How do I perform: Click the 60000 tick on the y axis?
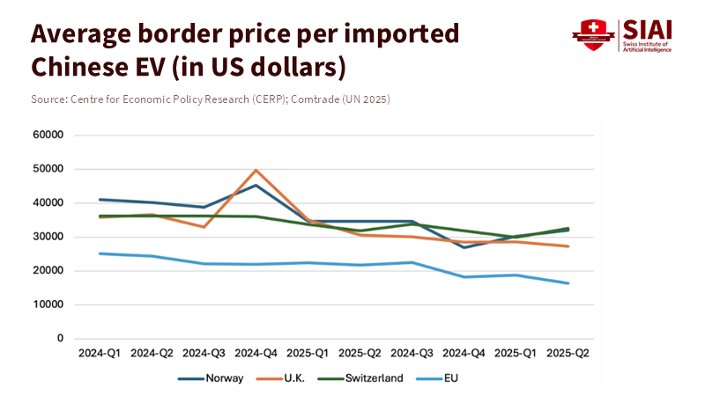(x=49, y=136)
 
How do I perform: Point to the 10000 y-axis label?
(x=49, y=304)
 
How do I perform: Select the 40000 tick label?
(x=49, y=203)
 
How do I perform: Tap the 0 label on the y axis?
(x=61, y=339)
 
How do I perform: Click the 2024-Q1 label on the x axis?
(x=100, y=353)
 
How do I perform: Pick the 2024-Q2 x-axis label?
(x=152, y=353)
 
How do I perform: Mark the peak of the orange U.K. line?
(x=256, y=170)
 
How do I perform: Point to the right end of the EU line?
(x=568, y=283)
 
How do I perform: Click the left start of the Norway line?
(x=100, y=200)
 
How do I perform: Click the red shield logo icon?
(x=593, y=35)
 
